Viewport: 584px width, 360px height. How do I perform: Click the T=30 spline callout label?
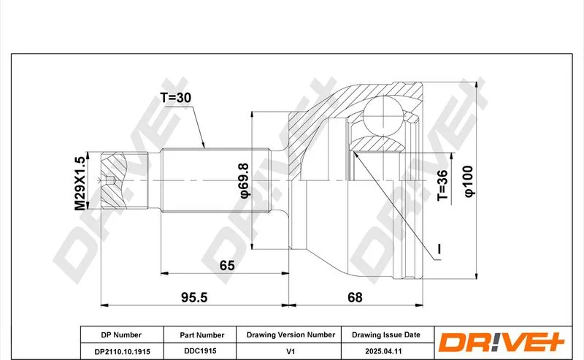click(x=175, y=98)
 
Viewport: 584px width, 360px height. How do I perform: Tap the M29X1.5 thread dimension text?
click(x=80, y=183)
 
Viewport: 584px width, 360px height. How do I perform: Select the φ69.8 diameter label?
click(x=244, y=181)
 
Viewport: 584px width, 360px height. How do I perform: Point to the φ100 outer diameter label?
click(x=469, y=182)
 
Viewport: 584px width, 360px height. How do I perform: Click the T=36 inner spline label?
click(x=442, y=185)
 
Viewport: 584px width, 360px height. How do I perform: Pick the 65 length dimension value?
click(x=227, y=266)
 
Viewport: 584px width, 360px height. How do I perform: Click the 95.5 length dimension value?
click(x=194, y=297)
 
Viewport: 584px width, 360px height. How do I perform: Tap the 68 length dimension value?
click(x=355, y=297)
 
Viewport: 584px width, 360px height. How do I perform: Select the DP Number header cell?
click(x=121, y=335)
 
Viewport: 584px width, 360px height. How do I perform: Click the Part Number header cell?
click(x=202, y=335)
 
